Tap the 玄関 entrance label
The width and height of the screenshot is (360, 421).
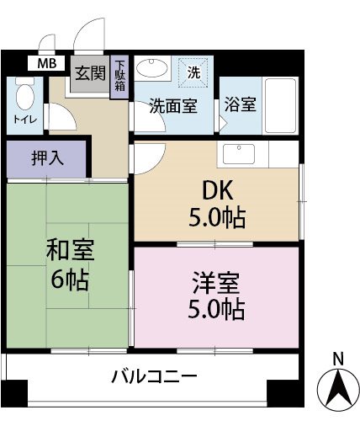pos(89,73)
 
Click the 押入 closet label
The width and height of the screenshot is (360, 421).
pos(45,157)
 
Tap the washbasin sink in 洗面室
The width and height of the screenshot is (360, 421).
pos(152,69)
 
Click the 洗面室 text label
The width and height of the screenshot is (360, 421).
pos(172,106)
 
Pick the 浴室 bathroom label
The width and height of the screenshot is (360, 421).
pos(240,106)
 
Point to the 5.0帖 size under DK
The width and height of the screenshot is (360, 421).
pos(216,218)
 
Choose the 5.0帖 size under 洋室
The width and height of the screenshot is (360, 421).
pos(216,309)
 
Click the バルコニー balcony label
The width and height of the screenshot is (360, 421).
pos(154,376)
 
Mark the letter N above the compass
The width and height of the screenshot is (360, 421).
pos(337,359)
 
